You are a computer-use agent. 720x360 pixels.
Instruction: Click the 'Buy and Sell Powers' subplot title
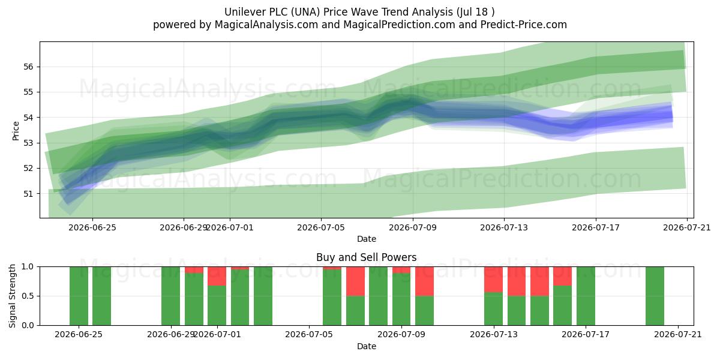pos(367,257)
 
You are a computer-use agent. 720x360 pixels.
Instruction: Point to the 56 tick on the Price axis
pos(28,67)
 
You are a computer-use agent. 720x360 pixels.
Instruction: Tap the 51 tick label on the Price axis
pos(28,193)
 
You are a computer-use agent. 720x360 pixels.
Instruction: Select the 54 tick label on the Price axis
pos(28,118)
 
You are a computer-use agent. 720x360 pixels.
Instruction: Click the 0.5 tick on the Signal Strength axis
pos(28,296)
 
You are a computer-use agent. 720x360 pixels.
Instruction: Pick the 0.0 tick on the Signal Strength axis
pos(28,325)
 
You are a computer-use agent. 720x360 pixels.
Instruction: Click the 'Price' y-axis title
pos(16,131)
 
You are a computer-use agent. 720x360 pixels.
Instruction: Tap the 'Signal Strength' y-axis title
pos(12,296)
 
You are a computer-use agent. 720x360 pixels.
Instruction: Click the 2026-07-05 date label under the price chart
pos(321,227)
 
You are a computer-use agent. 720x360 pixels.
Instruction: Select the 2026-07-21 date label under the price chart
pos(687,227)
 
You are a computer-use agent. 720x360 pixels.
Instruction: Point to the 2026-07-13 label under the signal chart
pos(494,334)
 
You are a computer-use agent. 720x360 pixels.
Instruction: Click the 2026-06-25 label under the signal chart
pos(79,334)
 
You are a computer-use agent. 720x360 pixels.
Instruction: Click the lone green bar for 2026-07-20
pos(655,296)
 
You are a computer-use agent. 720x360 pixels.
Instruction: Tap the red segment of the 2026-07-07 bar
pos(355,281)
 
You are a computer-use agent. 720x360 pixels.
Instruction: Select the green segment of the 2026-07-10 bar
pos(424,311)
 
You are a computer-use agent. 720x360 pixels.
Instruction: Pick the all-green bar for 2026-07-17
pos(586,296)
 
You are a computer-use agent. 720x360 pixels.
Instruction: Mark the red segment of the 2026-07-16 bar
pos(563,276)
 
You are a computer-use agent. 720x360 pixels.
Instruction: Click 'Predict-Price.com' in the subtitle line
pos(524,25)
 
